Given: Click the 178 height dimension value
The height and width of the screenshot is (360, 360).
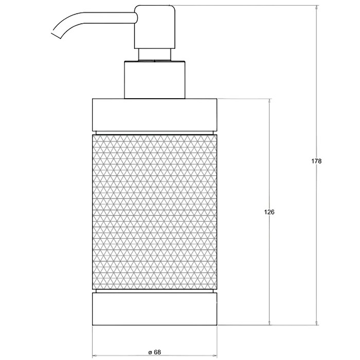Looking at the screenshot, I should (x=316, y=161).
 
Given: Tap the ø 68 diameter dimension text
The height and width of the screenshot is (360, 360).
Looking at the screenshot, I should (x=154, y=352).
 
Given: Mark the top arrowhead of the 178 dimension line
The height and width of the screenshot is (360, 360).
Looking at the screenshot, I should (x=316, y=8).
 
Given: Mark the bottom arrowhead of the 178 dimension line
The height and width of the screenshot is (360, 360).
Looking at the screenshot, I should (x=316, y=322).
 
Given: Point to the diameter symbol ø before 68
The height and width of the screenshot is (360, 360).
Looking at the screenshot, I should (x=149, y=352).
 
